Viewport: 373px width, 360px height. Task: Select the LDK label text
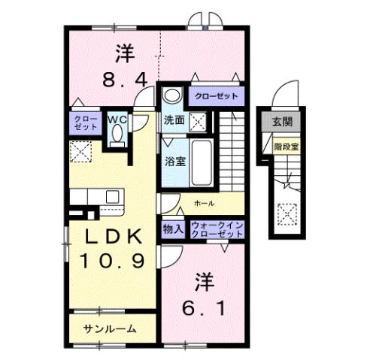(x=113, y=236)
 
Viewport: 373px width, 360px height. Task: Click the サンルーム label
(x=110, y=328)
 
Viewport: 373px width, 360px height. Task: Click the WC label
(x=117, y=118)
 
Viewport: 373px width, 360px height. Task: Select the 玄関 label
(x=281, y=121)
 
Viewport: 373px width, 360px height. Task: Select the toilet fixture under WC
(x=117, y=135)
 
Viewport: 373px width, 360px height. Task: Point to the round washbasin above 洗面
(x=172, y=96)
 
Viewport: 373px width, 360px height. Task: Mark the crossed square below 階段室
(x=285, y=213)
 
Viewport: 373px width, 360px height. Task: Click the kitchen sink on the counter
(x=112, y=196)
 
